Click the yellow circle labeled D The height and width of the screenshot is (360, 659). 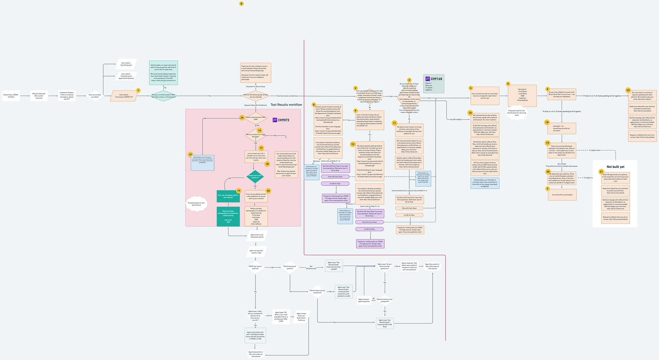point(241,4)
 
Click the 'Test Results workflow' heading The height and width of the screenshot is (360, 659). point(286,105)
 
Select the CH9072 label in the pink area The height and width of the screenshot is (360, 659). point(281,120)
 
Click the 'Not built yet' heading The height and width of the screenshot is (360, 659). point(615,167)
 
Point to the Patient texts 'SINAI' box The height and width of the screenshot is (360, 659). point(11,96)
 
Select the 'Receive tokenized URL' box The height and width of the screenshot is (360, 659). point(39,96)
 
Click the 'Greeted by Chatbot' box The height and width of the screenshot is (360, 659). point(67,96)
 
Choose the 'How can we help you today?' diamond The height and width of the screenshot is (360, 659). point(95,96)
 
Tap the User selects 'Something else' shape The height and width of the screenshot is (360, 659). point(126,64)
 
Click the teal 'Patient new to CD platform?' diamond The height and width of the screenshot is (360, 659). point(255,176)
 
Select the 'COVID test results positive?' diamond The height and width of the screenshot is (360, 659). point(255,267)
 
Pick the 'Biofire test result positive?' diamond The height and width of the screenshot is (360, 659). point(290,267)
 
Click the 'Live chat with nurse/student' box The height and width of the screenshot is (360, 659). point(562,195)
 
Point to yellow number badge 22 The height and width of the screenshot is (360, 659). point(628,90)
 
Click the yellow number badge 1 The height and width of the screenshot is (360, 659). point(138,90)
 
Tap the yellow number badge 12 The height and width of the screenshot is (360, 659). point(353,144)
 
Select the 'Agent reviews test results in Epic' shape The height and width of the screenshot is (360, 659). point(256,251)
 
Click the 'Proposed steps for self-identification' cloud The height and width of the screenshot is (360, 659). point(196,204)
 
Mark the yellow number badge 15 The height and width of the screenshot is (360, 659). point(190,154)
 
